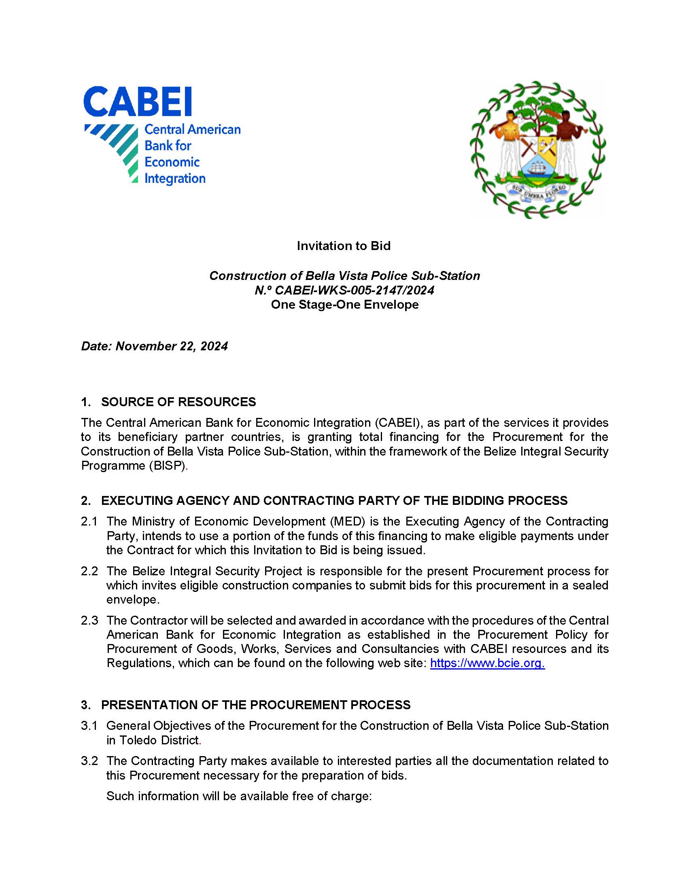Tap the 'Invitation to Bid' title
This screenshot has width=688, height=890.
tap(344, 246)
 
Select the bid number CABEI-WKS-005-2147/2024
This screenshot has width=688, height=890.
tap(354, 290)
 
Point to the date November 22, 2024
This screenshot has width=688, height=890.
tap(172, 346)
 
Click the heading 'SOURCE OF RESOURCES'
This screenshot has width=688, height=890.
tap(178, 402)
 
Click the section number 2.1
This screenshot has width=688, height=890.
tap(89, 521)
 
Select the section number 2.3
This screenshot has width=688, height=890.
tap(89, 620)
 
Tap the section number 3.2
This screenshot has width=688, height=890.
tap(89, 761)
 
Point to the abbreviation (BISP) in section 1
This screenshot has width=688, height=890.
tap(167, 465)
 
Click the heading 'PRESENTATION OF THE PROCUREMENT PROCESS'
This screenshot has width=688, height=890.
tap(255, 705)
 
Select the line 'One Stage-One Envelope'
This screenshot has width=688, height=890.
tap(344, 304)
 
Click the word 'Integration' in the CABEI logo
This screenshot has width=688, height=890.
tap(175, 178)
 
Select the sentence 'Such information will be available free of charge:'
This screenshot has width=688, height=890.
tap(239, 796)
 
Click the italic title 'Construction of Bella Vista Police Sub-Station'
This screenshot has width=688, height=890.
tap(344, 275)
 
